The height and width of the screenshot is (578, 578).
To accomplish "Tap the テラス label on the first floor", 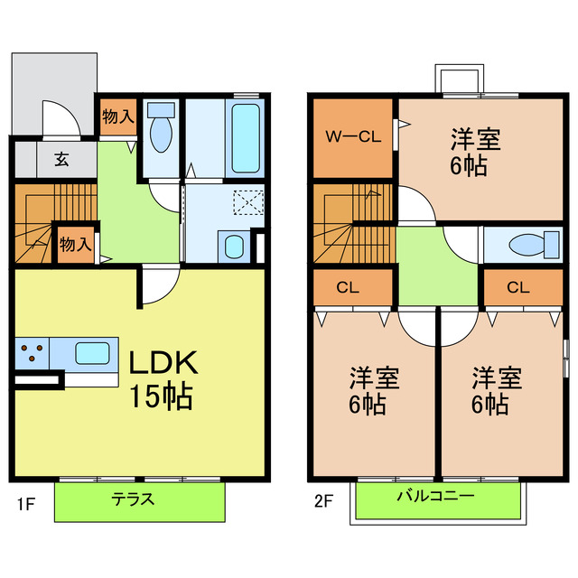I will point(133,499).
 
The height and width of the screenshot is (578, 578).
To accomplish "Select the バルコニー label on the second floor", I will point(434,498).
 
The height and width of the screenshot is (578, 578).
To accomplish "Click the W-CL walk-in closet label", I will point(351,138).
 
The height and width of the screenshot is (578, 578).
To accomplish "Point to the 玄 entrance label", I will point(61,160).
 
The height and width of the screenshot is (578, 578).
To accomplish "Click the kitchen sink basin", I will point(92,351).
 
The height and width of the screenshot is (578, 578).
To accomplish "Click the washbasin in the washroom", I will point(233,246).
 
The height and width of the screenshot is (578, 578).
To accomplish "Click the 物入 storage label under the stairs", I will point(76,244).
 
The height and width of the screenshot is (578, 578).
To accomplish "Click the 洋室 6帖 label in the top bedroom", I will point(476,152).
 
